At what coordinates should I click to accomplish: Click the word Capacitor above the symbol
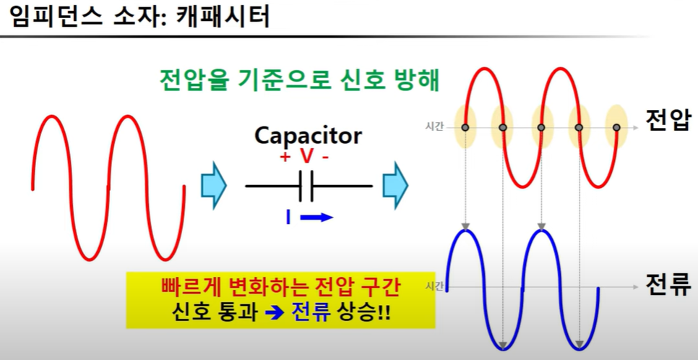pos(308,136)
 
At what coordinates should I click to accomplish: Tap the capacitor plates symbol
pos(306,186)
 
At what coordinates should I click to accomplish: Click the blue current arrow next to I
pos(316,218)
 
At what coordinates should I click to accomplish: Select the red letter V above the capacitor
pos(306,157)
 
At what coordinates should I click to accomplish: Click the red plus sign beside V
pos(285,157)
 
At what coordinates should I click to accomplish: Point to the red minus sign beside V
pos(325,158)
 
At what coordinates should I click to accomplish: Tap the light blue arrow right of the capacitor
pos(395,185)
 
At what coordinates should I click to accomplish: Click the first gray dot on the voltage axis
pos(465,127)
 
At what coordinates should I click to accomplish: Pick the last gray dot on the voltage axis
pos(616,127)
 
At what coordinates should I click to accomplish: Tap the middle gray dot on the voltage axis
pos(541,127)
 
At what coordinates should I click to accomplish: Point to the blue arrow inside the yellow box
pos(275,313)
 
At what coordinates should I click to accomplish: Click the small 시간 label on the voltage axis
pos(434,127)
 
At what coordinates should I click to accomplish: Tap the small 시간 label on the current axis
pos(434,286)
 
